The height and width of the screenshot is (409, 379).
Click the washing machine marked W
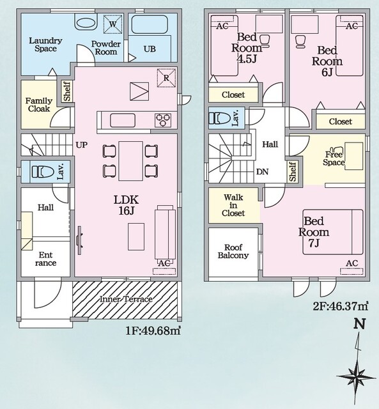click(112, 24)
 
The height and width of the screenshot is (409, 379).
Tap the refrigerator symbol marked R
click(166, 78)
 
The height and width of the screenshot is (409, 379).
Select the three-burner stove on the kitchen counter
click(163, 120)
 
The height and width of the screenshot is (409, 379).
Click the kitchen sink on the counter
click(123, 121)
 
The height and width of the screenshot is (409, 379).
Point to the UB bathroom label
click(150, 49)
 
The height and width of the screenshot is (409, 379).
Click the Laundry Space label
click(45, 44)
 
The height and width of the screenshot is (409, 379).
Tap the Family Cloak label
click(39, 105)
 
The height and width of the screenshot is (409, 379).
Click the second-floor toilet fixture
click(220, 118)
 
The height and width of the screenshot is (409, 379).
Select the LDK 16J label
click(127, 204)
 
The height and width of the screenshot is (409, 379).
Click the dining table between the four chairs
click(130, 161)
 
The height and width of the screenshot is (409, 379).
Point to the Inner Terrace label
click(126, 299)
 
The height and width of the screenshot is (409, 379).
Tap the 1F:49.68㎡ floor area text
click(153, 331)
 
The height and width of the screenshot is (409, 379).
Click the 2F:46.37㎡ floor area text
click(341, 306)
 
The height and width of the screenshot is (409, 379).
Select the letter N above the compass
click(359, 324)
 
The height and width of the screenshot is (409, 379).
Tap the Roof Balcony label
click(233, 251)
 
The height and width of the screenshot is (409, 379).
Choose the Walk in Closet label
click(233, 205)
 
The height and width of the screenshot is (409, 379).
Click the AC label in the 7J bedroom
click(352, 263)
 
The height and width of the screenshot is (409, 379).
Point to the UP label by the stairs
click(82, 145)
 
